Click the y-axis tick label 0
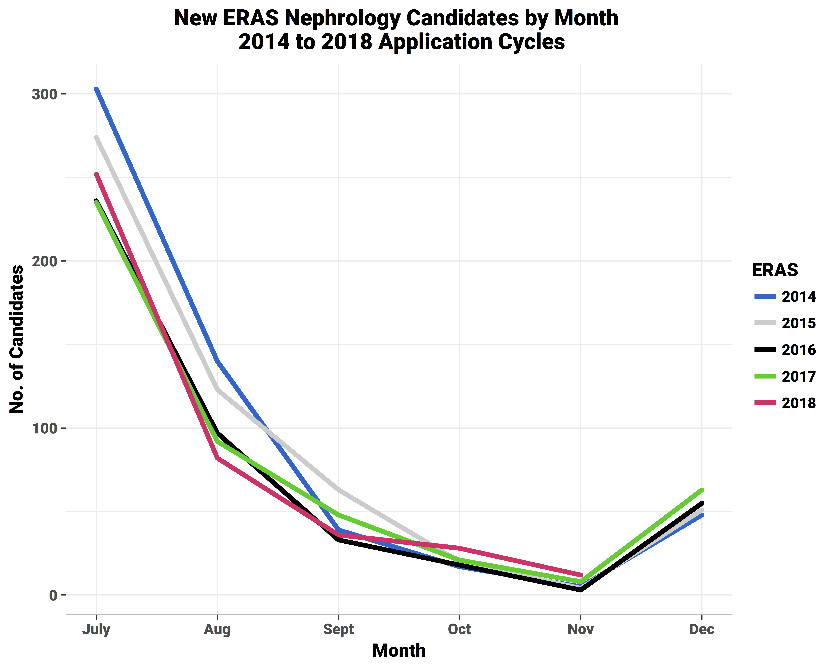53,595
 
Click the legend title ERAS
775,270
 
